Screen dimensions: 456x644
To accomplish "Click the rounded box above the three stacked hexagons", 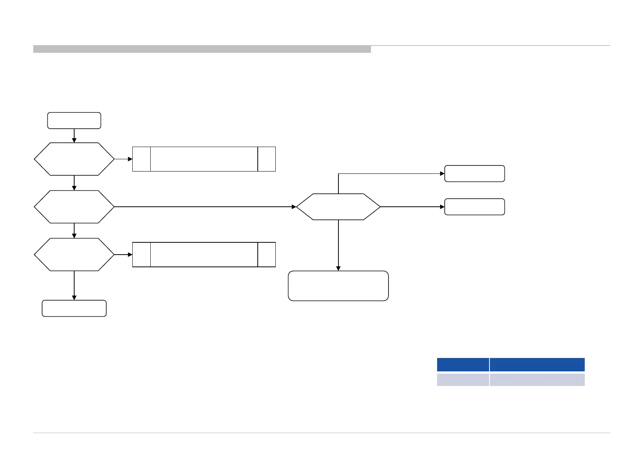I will tap(74, 121).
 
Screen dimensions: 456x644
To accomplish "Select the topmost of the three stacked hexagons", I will tap(74, 159).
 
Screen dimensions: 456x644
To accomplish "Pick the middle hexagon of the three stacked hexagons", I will tap(74, 207).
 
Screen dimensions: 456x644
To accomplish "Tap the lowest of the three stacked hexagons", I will tap(74, 255).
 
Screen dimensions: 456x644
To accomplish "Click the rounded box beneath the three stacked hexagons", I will tap(74, 308).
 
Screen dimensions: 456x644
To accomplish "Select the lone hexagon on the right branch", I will tap(338, 207).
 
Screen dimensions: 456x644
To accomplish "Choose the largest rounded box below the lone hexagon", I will tap(338, 286).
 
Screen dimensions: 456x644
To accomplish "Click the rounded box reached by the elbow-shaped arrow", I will tap(475, 173).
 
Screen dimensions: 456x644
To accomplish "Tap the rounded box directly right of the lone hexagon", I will tap(475, 207).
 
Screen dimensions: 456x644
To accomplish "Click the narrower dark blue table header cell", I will tap(463, 364).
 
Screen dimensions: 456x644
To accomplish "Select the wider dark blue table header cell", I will tap(537, 364).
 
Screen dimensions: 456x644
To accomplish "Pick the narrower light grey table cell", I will tap(463, 380).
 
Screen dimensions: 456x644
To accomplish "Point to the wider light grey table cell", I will tap(537, 380).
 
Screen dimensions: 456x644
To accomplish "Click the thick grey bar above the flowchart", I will tap(202, 49).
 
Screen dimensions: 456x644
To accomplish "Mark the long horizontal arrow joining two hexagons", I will tap(205, 207).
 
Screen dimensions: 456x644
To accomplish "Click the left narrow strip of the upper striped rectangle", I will tap(141, 159).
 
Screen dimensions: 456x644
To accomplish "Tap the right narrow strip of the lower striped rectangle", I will tap(267, 255).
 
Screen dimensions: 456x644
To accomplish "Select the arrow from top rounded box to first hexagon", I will tap(74, 136).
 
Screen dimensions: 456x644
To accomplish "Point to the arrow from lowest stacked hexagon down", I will tap(74, 285).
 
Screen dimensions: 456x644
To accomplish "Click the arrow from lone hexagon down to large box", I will tap(338, 245).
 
